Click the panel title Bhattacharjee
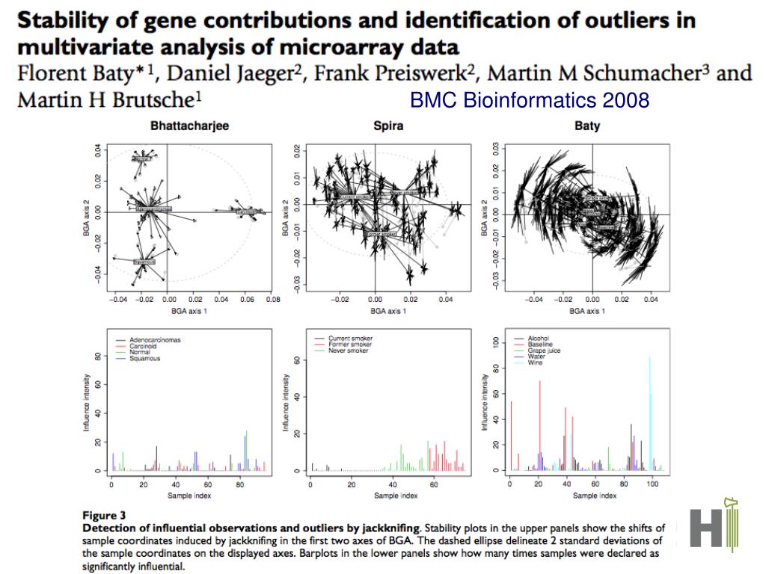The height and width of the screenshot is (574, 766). pyautogui.click(x=189, y=126)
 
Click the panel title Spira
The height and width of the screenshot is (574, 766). pyautogui.click(x=388, y=126)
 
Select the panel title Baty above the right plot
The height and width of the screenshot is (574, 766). pyautogui.click(x=587, y=126)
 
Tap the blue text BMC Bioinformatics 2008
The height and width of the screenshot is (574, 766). pyautogui.click(x=530, y=100)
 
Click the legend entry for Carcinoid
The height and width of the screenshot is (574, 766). pyautogui.click(x=143, y=346)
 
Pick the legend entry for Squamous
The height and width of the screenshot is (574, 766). pyautogui.click(x=144, y=358)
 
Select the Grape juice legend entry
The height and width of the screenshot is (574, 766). pyautogui.click(x=544, y=351)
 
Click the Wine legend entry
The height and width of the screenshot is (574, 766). pyautogui.click(x=536, y=362)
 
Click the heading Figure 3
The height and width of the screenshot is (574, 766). pyautogui.click(x=104, y=514)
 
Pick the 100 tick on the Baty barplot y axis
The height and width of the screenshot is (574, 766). pyautogui.click(x=494, y=342)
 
